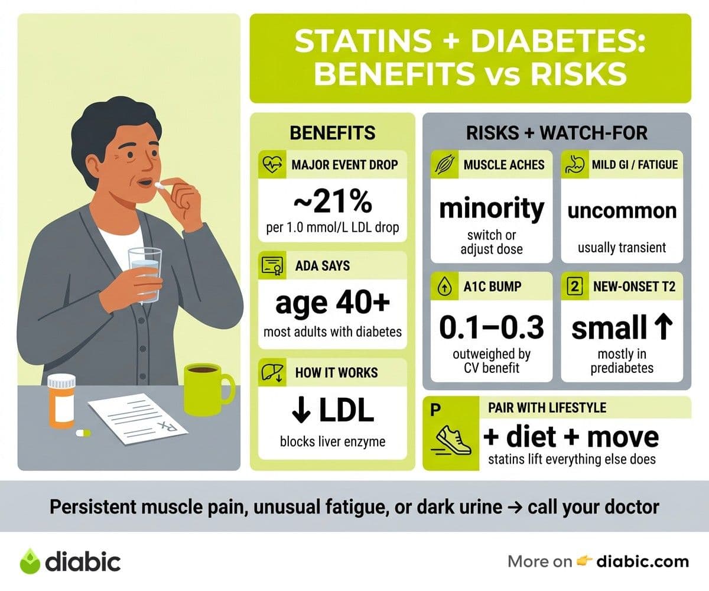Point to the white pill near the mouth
(x=158, y=186)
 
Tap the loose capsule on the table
(x=83, y=433)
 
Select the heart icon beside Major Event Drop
(x=272, y=164)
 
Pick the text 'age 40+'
(x=333, y=303)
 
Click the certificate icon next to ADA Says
(x=272, y=265)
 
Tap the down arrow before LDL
(x=301, y=411)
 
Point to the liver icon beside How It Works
(x=272, y=372)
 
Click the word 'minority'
(x=492, y=209)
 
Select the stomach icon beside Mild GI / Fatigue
(x=574, y=164)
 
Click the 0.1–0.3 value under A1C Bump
(x=492, y=327)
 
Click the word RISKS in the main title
(x=578, y=74)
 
